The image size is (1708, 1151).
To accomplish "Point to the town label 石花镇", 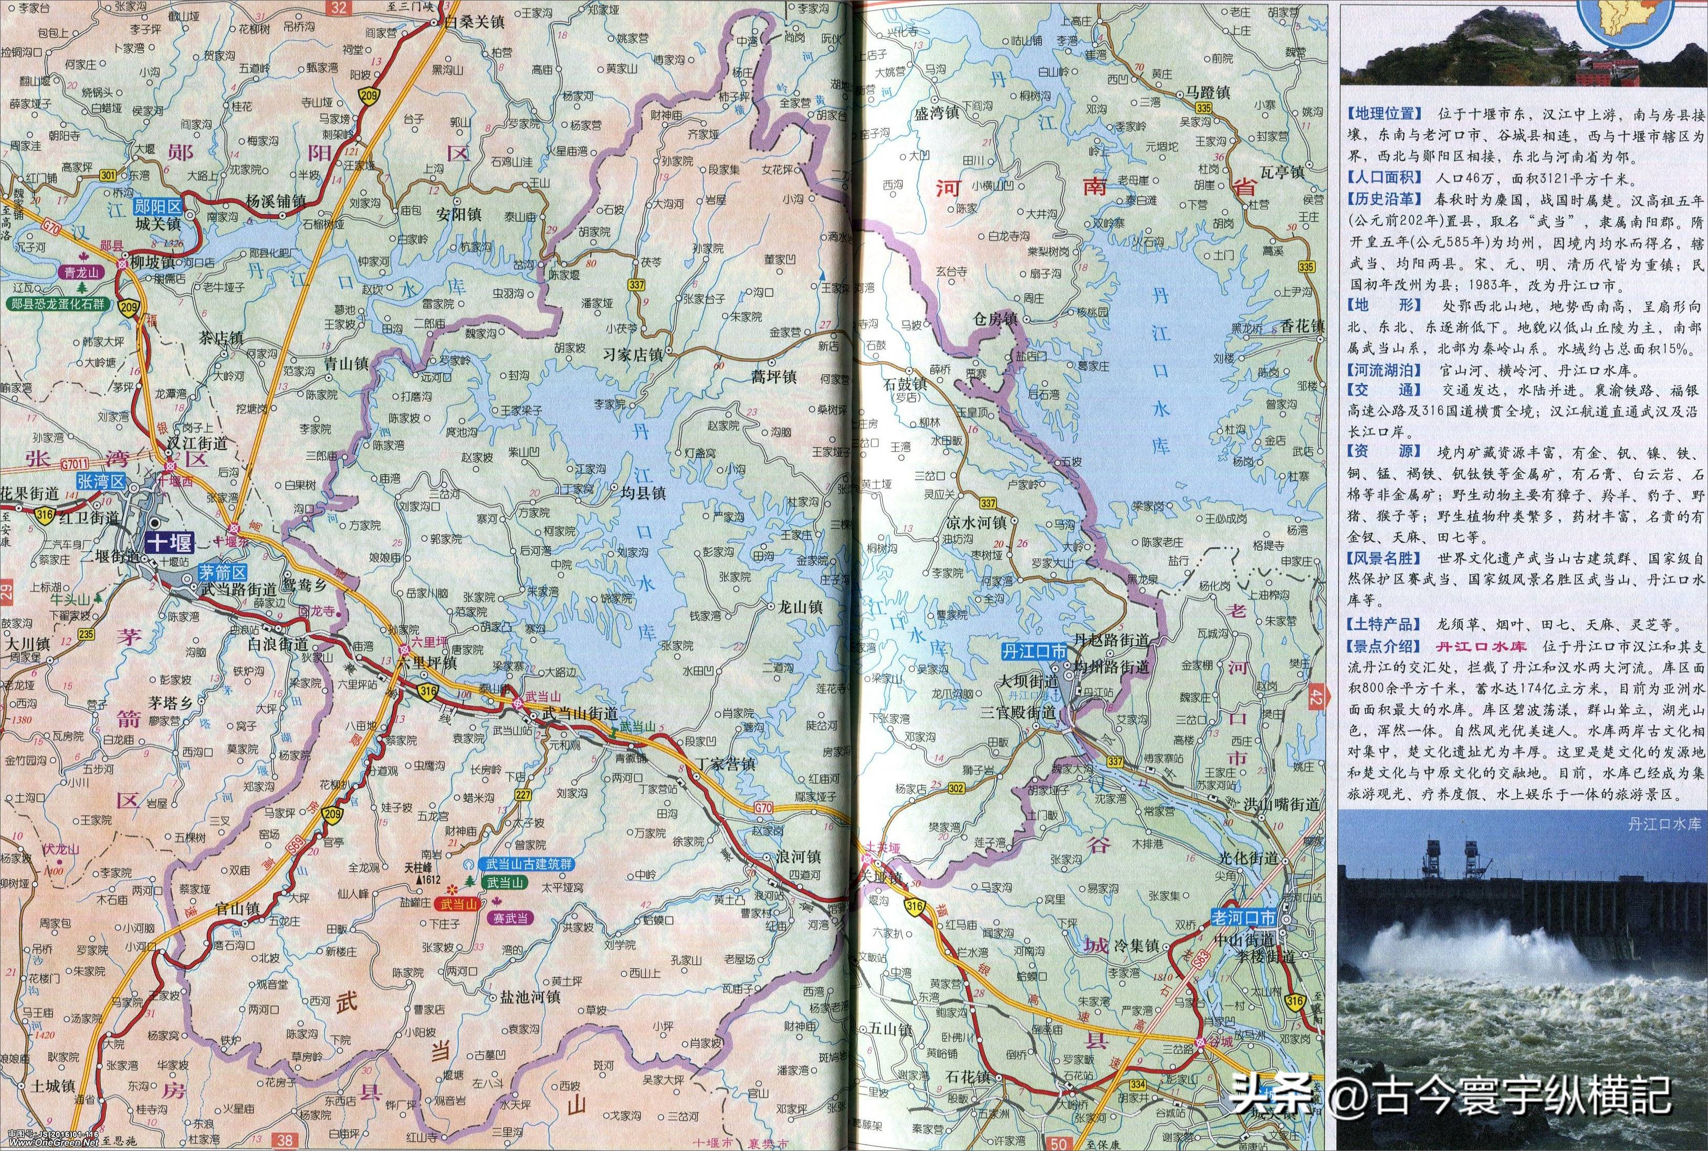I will tap(968, 1097).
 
